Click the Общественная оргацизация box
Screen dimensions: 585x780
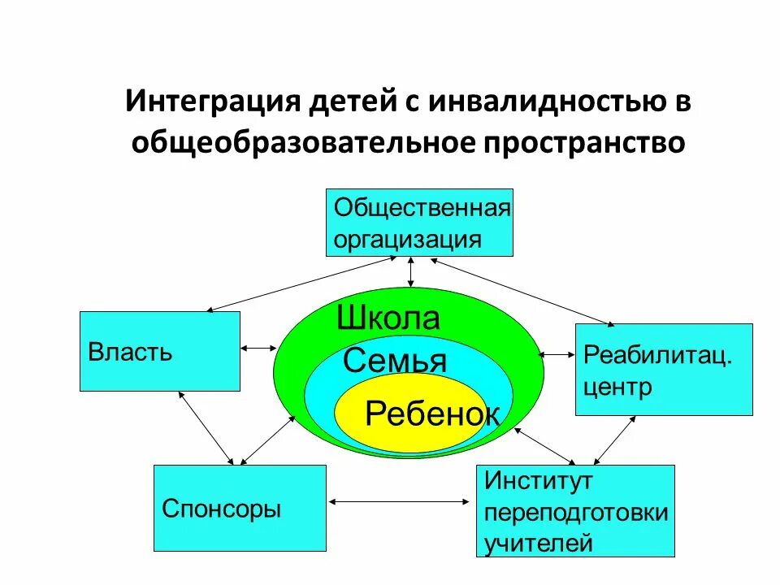pyautogui.click(x=419, y=223)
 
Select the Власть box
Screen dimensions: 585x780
pyautogui.click(x=159, y=351)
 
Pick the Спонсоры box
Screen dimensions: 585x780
pyautogui.click(x=240, y=508)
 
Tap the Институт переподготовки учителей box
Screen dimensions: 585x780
pyautogui.click(x=575, y=510)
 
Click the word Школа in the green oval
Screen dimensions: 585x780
pyautogui.click(x=388, y=318)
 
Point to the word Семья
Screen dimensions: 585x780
pyautogui.click(x=395, y=360)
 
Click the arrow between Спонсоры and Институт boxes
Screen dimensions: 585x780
pyautogui.click(x=401, y=502)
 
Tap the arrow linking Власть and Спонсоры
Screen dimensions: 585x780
pyautogui.click(x=205, y=427)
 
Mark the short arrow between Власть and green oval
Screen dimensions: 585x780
pyautogui.click(x=260, y=349)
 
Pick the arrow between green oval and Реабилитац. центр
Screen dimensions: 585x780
pyautogui.click(x=557, y=354)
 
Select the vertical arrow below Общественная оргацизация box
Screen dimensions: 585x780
pyautogui.click(x=412, y=272)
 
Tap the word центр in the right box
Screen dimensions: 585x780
pyautogui.click(x=617, y=387)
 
